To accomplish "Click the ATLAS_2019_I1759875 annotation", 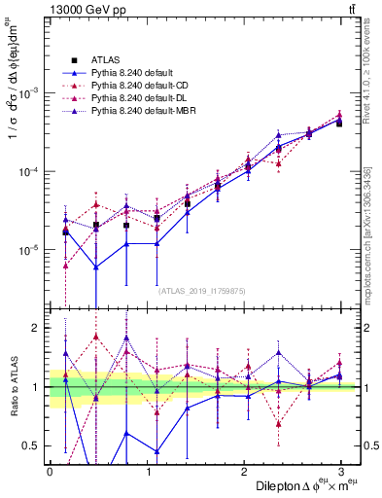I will (202, 291).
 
